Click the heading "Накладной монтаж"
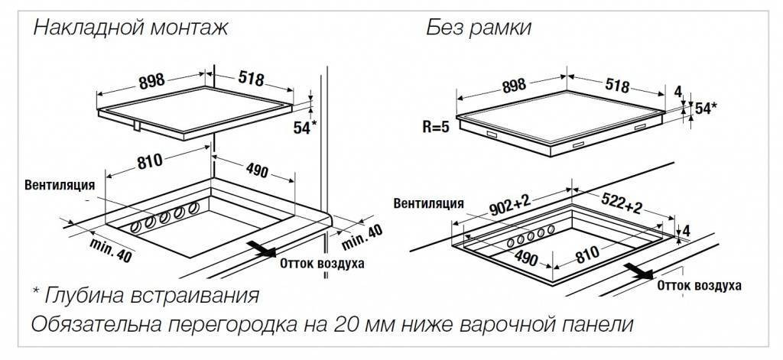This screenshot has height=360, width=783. (x=131, y=29)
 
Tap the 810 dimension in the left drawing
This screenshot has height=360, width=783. (x=151, y=162)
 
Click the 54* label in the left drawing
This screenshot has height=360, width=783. (x=304, y=128)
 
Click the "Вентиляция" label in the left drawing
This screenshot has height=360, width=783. (x=60, y=185)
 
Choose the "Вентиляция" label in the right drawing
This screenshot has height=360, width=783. (x=429, y=203)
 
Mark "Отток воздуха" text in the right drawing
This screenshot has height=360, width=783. (x=700, y=286)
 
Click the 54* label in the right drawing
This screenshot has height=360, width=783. (x=704, y=109)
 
